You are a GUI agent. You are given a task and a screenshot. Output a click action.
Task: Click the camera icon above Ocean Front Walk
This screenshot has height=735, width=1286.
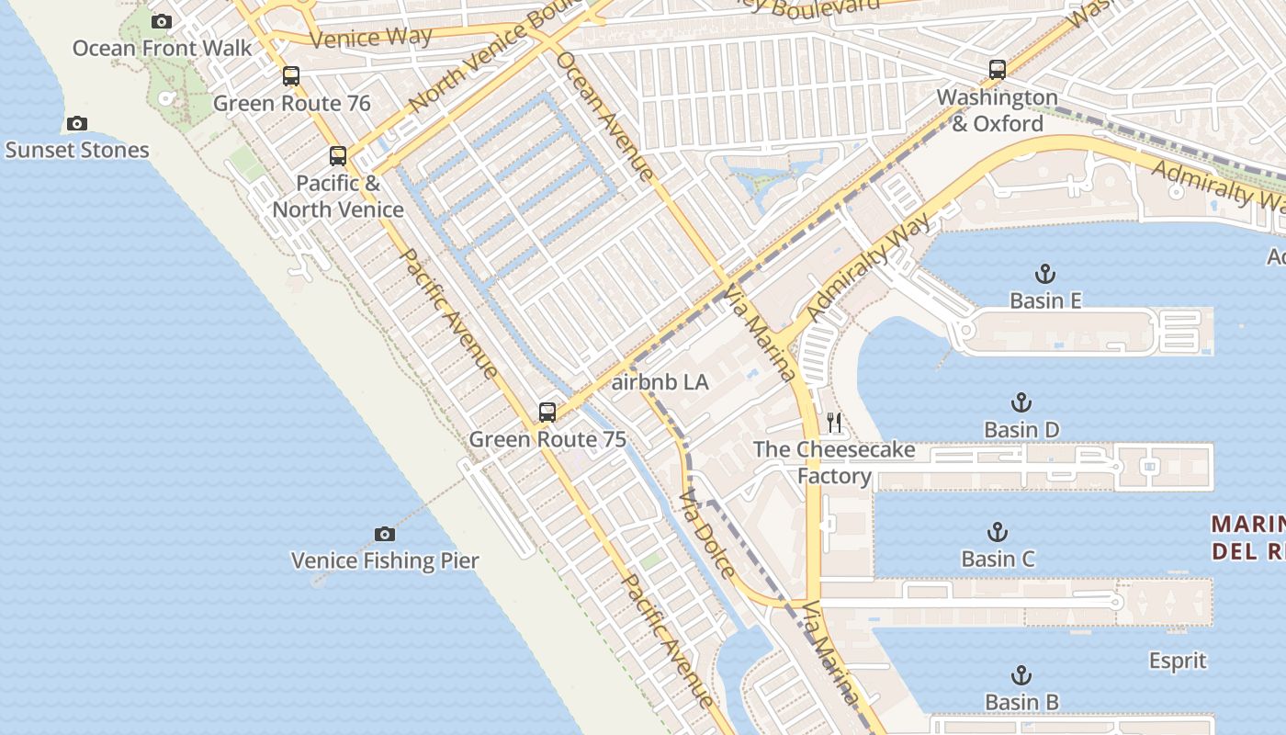click(162, 21)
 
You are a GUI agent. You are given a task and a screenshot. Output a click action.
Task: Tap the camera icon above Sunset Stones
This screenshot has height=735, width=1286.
click(77, 123)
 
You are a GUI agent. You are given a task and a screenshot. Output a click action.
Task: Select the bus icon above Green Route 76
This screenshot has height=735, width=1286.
click(291, 76)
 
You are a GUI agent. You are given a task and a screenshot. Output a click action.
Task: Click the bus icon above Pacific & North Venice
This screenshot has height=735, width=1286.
click(338, 156)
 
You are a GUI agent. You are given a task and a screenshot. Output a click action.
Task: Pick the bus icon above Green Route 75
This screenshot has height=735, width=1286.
click(547, 412)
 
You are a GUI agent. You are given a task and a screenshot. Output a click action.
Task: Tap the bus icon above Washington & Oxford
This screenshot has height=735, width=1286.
click(998, 69)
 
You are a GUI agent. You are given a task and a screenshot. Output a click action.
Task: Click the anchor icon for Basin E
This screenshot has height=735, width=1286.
click(1044, 274)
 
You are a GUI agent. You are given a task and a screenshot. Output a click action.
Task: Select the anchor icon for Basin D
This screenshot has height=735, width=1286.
click(1021, 402)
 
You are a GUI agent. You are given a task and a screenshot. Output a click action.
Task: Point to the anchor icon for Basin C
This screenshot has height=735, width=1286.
click(998, 532)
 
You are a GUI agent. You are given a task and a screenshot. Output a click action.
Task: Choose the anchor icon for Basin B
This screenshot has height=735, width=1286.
click(1021, 676)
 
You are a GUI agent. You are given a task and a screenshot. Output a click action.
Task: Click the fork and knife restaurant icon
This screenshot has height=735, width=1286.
click(834, 423)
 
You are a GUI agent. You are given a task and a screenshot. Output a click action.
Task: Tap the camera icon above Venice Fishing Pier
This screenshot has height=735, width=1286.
click(385, 534)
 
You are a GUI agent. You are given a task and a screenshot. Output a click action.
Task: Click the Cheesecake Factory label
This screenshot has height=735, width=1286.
click(834, 462)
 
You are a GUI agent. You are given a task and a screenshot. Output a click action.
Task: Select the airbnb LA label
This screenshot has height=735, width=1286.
click(660, 382)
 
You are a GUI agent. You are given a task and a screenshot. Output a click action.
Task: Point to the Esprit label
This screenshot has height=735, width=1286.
click(1178, 661)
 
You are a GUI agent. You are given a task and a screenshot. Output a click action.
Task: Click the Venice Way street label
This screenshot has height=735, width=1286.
click(371, 38)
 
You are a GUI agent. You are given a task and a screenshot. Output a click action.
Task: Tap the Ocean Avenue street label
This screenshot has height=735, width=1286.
click(605, 116)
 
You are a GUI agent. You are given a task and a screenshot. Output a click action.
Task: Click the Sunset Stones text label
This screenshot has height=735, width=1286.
click(77, 150)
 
